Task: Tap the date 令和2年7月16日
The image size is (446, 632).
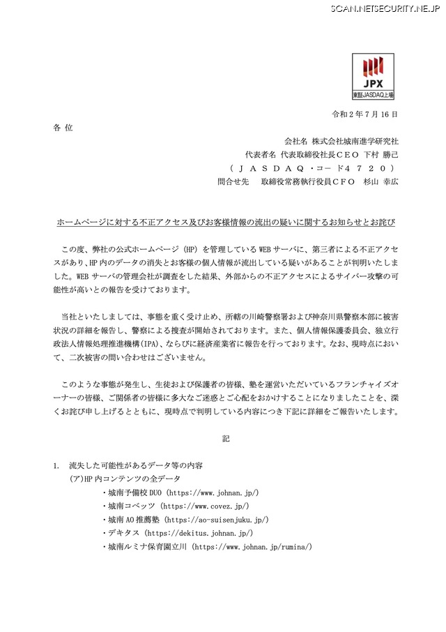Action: pos(366,114)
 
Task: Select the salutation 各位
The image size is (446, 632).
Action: pos(62,128)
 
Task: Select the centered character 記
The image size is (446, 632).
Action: pos(225,439)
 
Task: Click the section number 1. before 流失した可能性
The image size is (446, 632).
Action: pos(57,465)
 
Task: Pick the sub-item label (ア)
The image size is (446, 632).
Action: pos(77,479)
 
